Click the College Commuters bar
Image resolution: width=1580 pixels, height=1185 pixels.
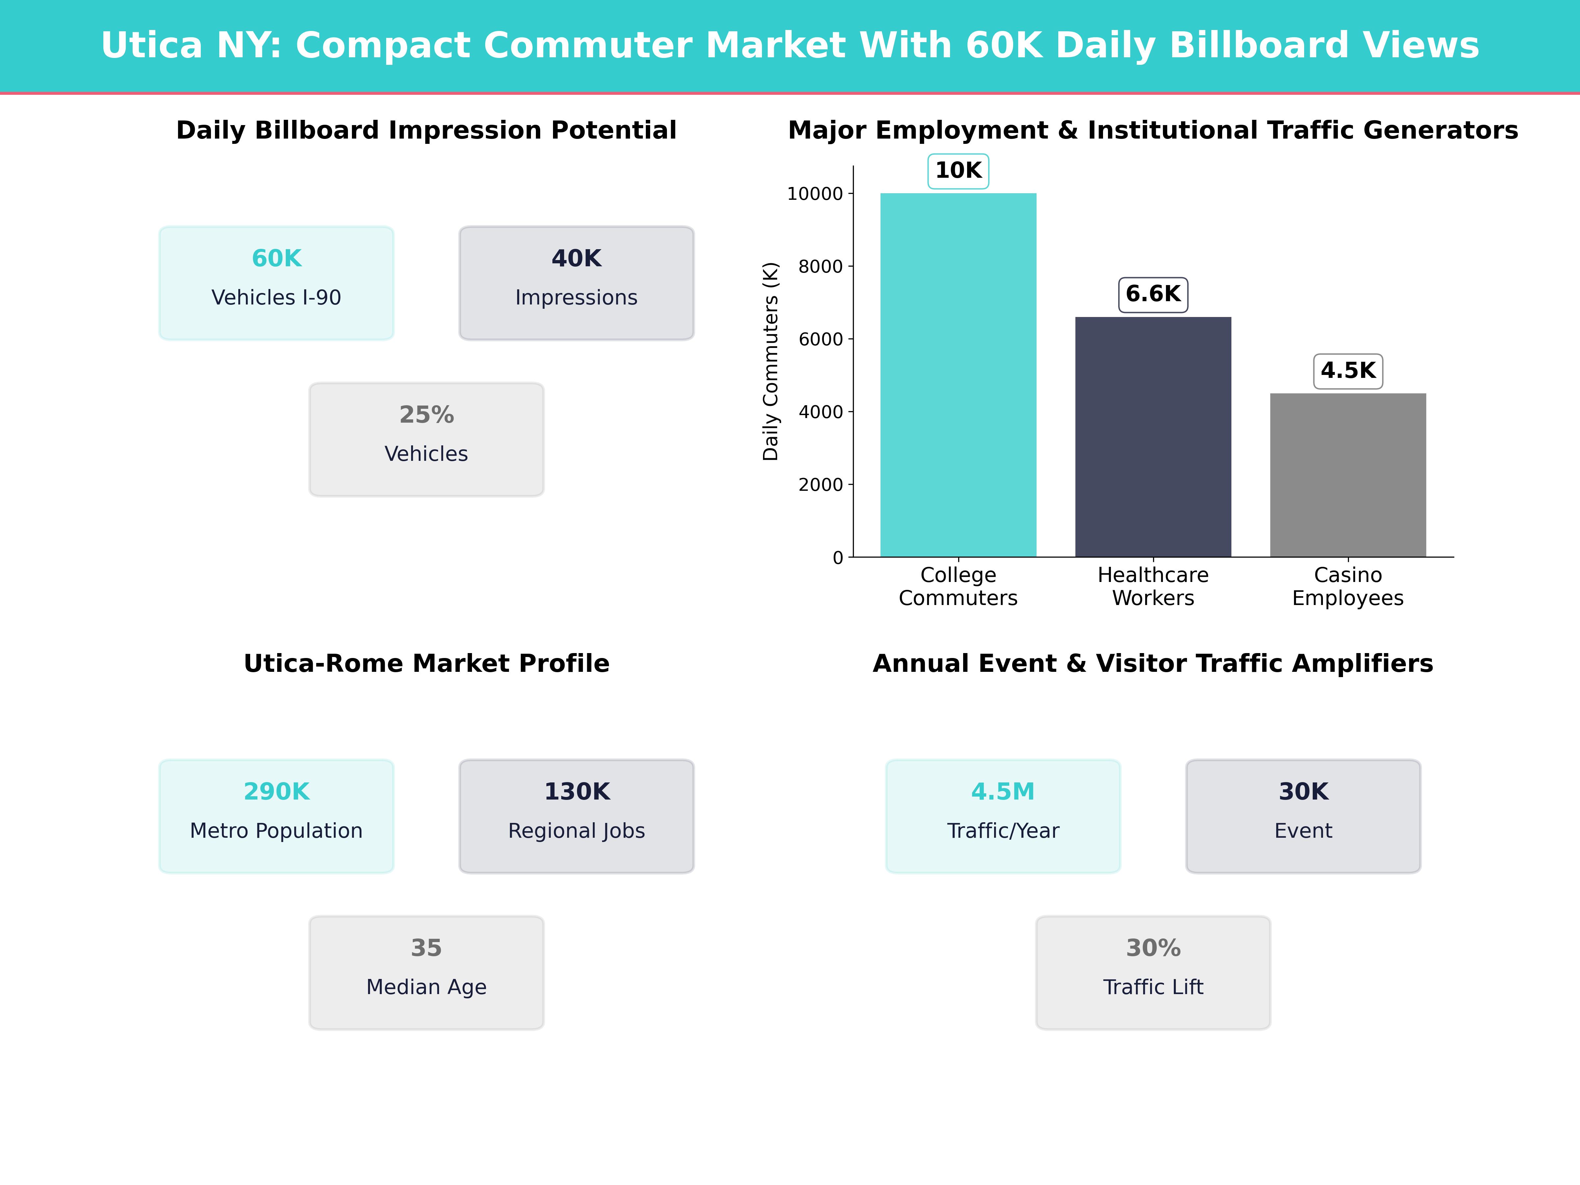point(958,375)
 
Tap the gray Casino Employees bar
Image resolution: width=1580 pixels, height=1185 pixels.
point(1348,475)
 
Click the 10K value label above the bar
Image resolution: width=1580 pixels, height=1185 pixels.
point(958,171)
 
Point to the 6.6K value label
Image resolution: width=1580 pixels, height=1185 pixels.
point(1153,294)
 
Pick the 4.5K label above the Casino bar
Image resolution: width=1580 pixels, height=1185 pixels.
point(1348,371)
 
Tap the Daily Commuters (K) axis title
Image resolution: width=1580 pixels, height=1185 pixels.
point(770,361)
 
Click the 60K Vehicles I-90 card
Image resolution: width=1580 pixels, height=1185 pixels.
point(276,283)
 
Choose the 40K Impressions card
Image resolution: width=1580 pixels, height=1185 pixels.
point(576,283)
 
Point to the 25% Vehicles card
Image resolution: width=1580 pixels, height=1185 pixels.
point(426,439)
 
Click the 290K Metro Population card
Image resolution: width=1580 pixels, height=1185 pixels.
point(276,816)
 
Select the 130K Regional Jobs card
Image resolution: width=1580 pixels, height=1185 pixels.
point(576,816)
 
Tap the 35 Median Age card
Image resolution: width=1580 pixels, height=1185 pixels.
point(426,972)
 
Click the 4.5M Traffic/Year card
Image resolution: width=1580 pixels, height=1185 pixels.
point(1003,816)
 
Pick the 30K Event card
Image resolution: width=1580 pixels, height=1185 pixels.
point(1303,816)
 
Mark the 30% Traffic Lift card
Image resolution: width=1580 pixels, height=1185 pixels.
point(1153,972)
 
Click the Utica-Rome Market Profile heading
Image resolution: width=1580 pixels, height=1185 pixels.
point(426,664)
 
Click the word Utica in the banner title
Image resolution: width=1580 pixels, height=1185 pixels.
point(151,46)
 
